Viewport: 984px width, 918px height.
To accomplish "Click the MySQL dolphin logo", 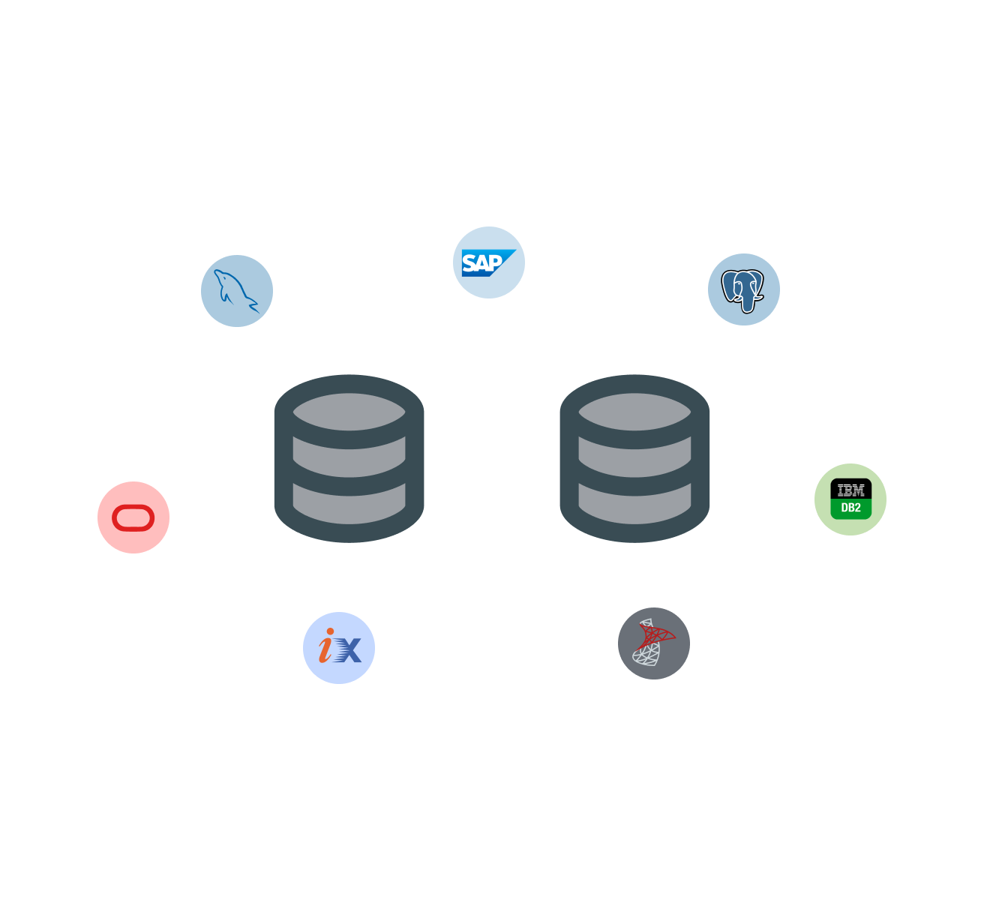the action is pos(234,289).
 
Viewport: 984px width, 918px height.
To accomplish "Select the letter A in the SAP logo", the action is pos(481,263).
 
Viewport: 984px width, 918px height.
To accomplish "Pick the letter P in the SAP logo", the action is pos(494,262).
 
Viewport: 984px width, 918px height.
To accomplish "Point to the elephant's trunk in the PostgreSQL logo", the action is pos(747,304).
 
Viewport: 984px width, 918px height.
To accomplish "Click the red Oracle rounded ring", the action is pos(133,517).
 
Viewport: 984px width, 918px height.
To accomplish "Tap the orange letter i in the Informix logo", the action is pos(326,646).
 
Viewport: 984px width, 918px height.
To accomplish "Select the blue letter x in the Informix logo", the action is pos(347,649).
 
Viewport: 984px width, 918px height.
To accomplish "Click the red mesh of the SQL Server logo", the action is pos(655,636).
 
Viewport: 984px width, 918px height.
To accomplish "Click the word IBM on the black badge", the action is pos(850,490).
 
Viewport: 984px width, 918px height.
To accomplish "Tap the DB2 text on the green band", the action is pos(850,508).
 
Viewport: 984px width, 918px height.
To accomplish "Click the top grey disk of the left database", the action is pos(349,411).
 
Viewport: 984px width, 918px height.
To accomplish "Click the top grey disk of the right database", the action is pos(634,411).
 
